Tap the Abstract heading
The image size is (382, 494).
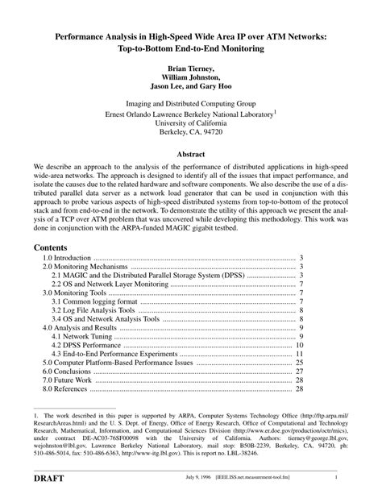(190, 153)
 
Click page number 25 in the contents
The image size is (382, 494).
(299, 363)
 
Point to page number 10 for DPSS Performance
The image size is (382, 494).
(299, 345)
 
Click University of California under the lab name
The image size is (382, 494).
(190, 123)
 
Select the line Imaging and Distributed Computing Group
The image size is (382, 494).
(190, 103)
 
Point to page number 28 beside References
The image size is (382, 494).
(299, 389)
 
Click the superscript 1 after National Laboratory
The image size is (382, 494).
(275, 111)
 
